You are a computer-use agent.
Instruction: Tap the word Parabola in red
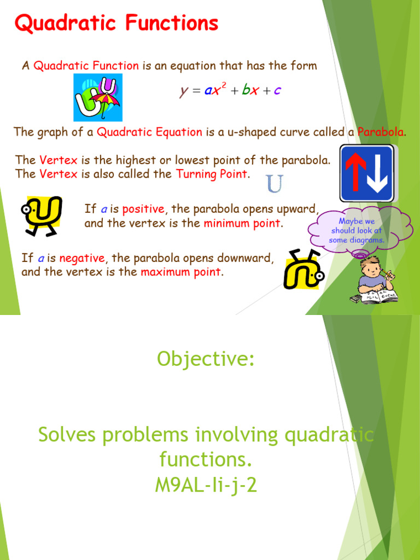381,132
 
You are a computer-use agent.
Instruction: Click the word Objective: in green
206,359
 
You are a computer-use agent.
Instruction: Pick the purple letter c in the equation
277,91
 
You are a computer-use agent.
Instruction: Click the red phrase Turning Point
212,174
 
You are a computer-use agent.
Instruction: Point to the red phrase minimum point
243,223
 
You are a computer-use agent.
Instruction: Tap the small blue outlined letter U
275,184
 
